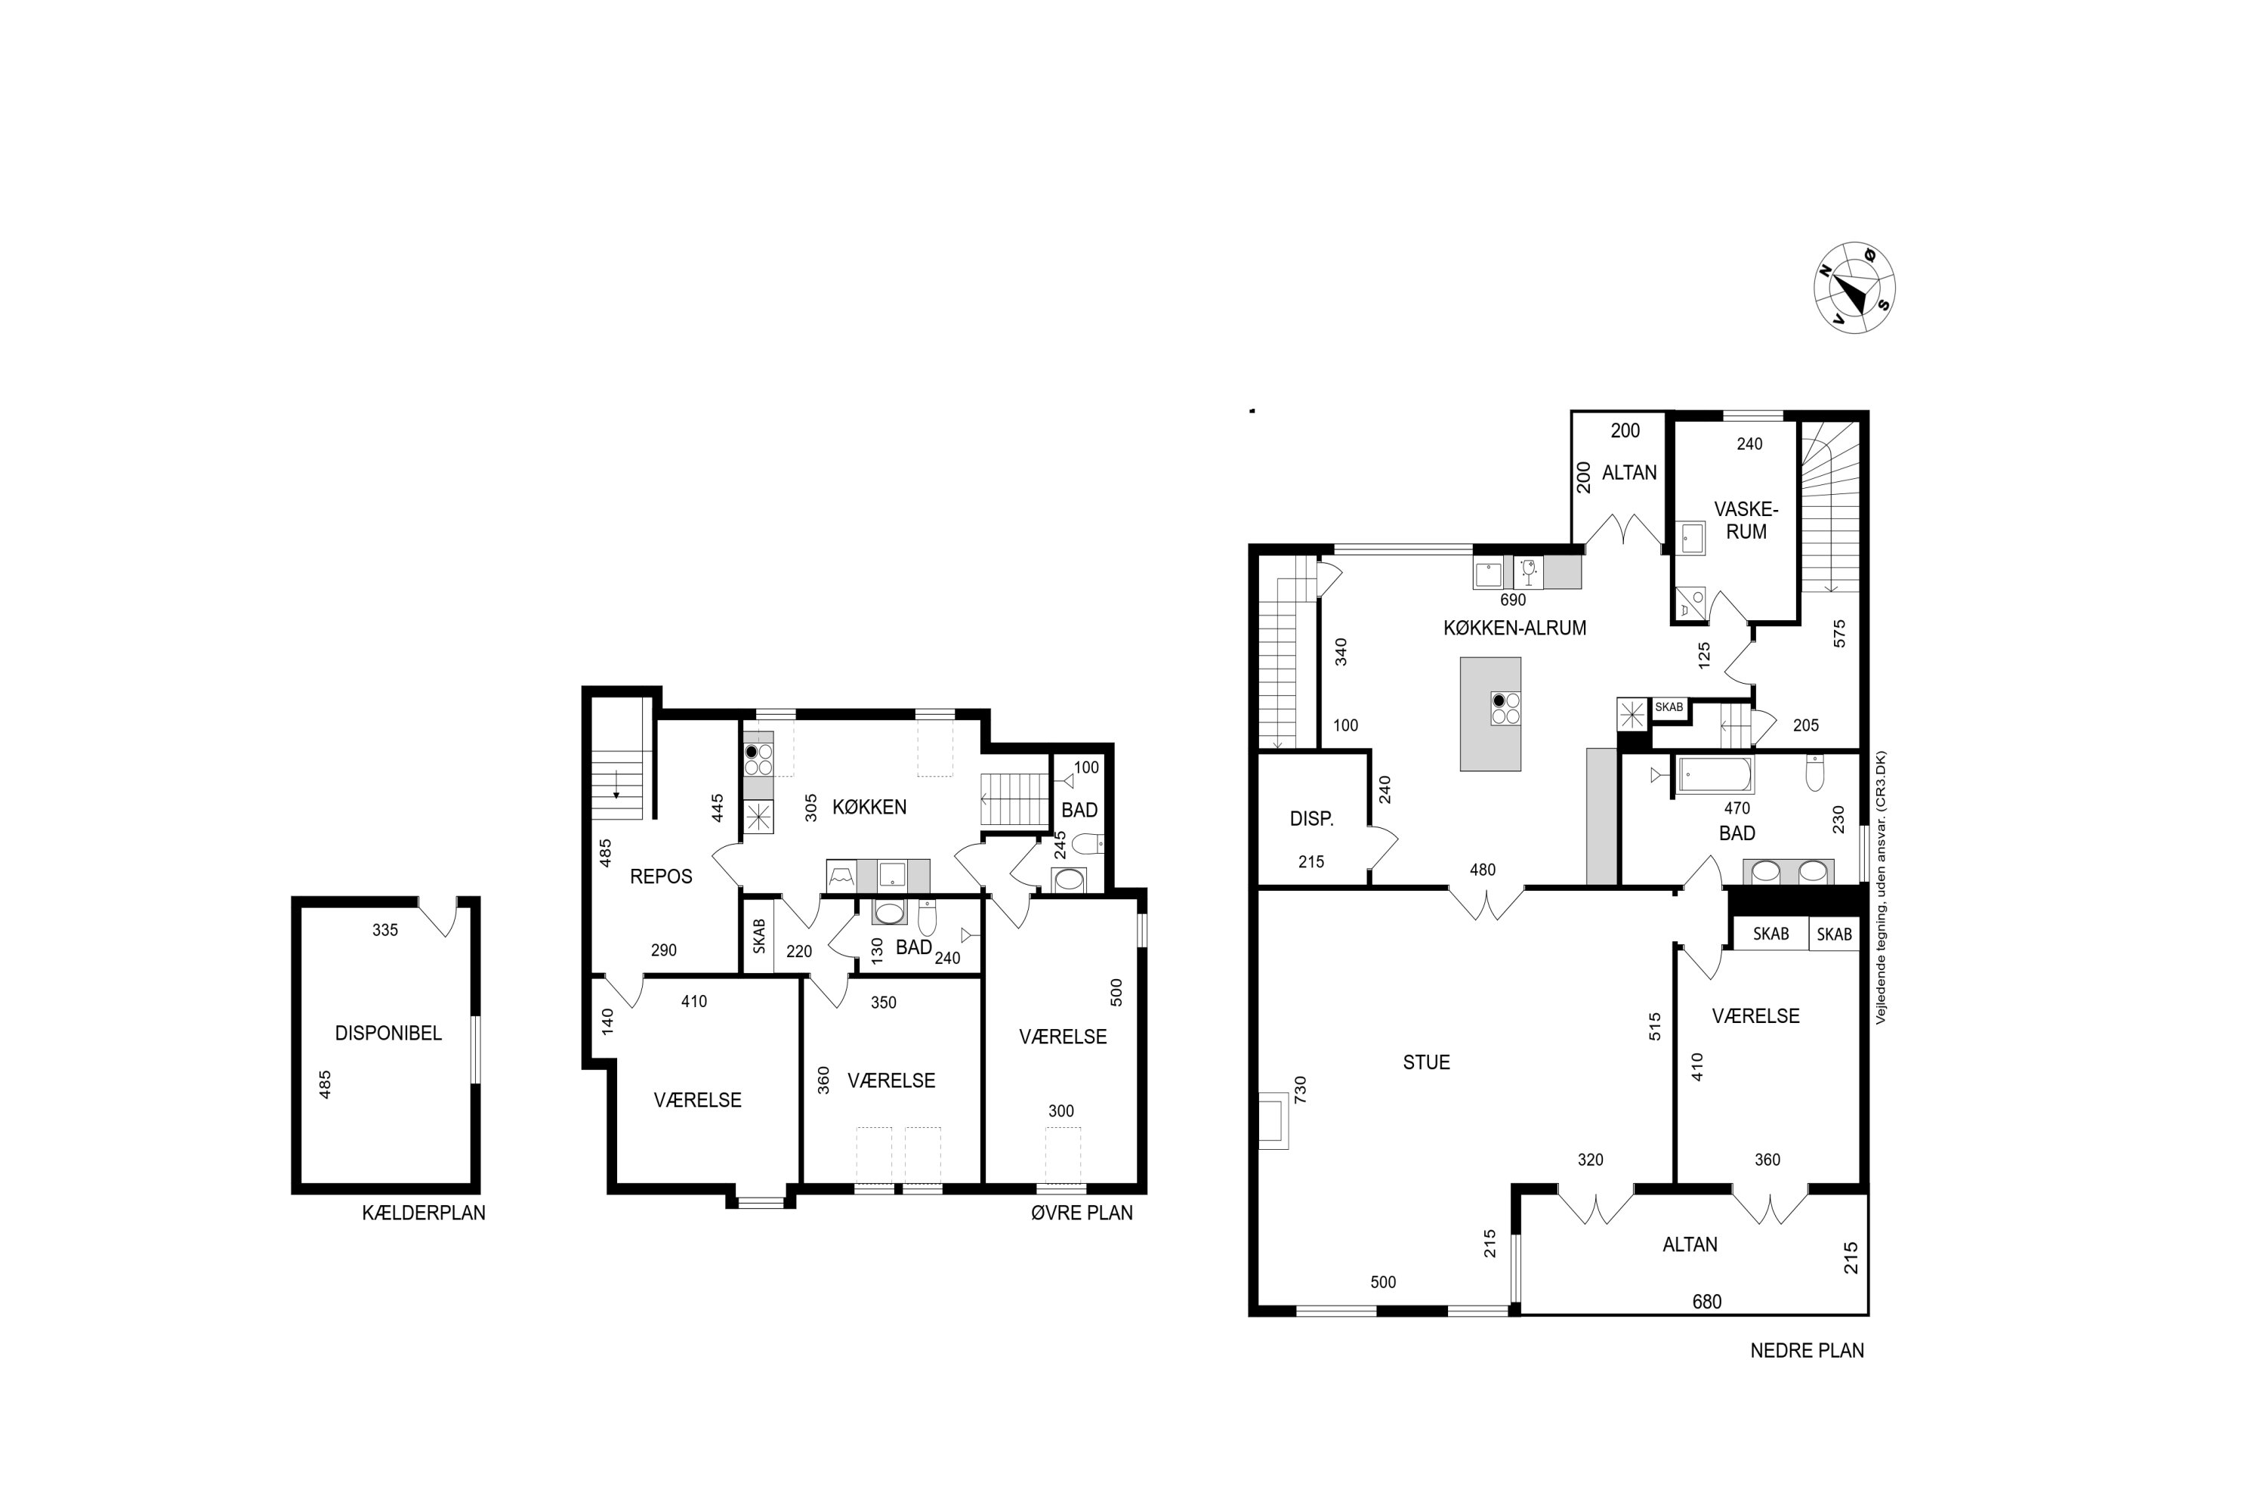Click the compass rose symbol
(1854, 288)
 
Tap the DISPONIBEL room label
(388, 1033)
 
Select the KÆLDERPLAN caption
(424, 1213)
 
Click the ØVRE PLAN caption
(1081, 1213)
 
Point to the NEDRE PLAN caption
(1807, 1350)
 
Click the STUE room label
(1426, 1062)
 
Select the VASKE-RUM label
(1746, 521)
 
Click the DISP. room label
(1311, 819)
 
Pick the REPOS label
(661, 876)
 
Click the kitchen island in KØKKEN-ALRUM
(1490, 714)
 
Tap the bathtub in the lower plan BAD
(1715, 775)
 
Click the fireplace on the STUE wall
(1273, 1120)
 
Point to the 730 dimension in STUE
(1300, 1090)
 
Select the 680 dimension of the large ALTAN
(1706, 1302)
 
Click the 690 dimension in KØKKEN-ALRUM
(1513, 599)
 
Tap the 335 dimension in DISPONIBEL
(384, 930)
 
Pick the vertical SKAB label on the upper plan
(759, 936)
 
